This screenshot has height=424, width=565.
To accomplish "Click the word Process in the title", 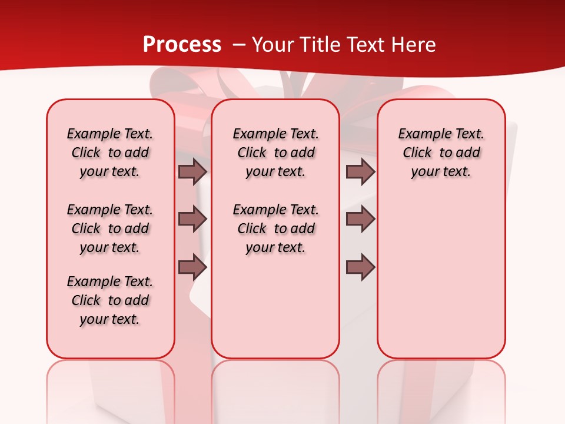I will point(182,44).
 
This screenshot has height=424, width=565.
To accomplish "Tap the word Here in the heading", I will point(414,45).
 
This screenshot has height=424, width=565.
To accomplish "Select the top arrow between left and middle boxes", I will point(192,171).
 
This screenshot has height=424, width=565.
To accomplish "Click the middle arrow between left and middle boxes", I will point(192,219).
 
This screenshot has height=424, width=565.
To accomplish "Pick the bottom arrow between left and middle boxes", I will point(192,267).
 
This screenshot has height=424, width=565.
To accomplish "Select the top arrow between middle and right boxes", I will point(360,171).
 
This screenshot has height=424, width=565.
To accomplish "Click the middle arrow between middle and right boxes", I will point(360,219).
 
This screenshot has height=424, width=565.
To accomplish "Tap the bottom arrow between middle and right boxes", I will point(360,267).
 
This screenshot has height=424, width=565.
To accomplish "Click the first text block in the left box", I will point(110,153).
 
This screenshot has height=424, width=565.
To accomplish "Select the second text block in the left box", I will point(110,228).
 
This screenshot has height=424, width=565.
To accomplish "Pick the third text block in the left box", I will point(110,300).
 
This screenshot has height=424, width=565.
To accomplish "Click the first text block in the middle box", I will point(275,153).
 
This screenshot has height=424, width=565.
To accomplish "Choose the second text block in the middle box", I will point(275,228).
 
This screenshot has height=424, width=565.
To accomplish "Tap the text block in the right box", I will point(441,153).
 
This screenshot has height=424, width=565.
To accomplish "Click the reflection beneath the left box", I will point(111,389).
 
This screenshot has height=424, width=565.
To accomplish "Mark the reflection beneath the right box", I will point(441,389).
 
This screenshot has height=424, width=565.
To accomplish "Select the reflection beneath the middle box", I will point(275,389).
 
